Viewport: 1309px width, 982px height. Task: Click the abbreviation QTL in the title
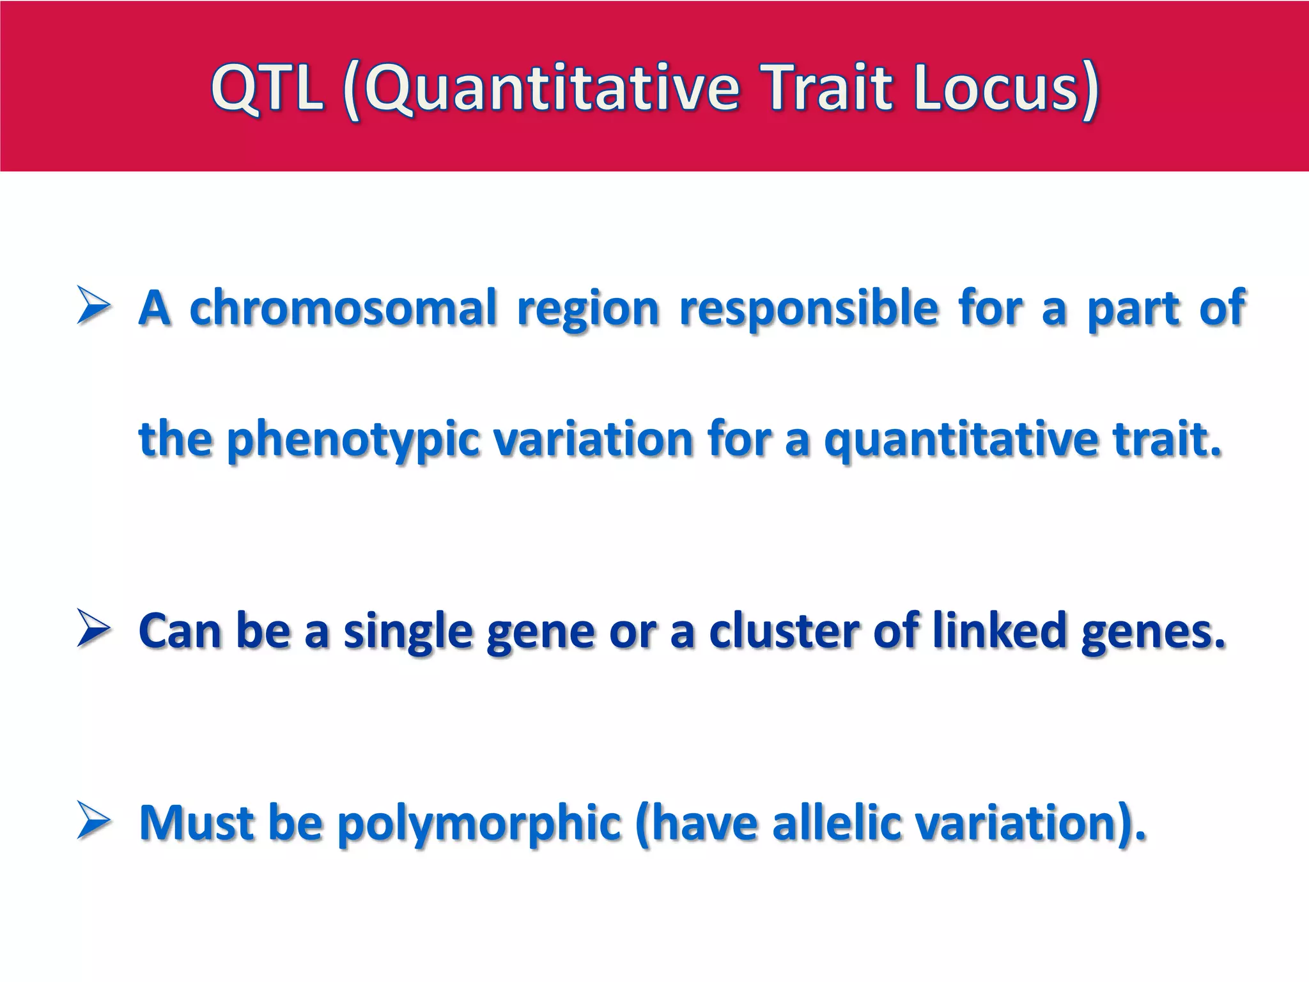(267, 89)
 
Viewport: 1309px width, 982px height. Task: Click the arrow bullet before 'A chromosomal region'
(93, 306)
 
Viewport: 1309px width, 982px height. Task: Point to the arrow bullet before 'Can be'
(93, 628)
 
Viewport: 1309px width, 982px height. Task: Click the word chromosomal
(343, 308)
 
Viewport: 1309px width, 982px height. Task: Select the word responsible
(808, 308)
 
